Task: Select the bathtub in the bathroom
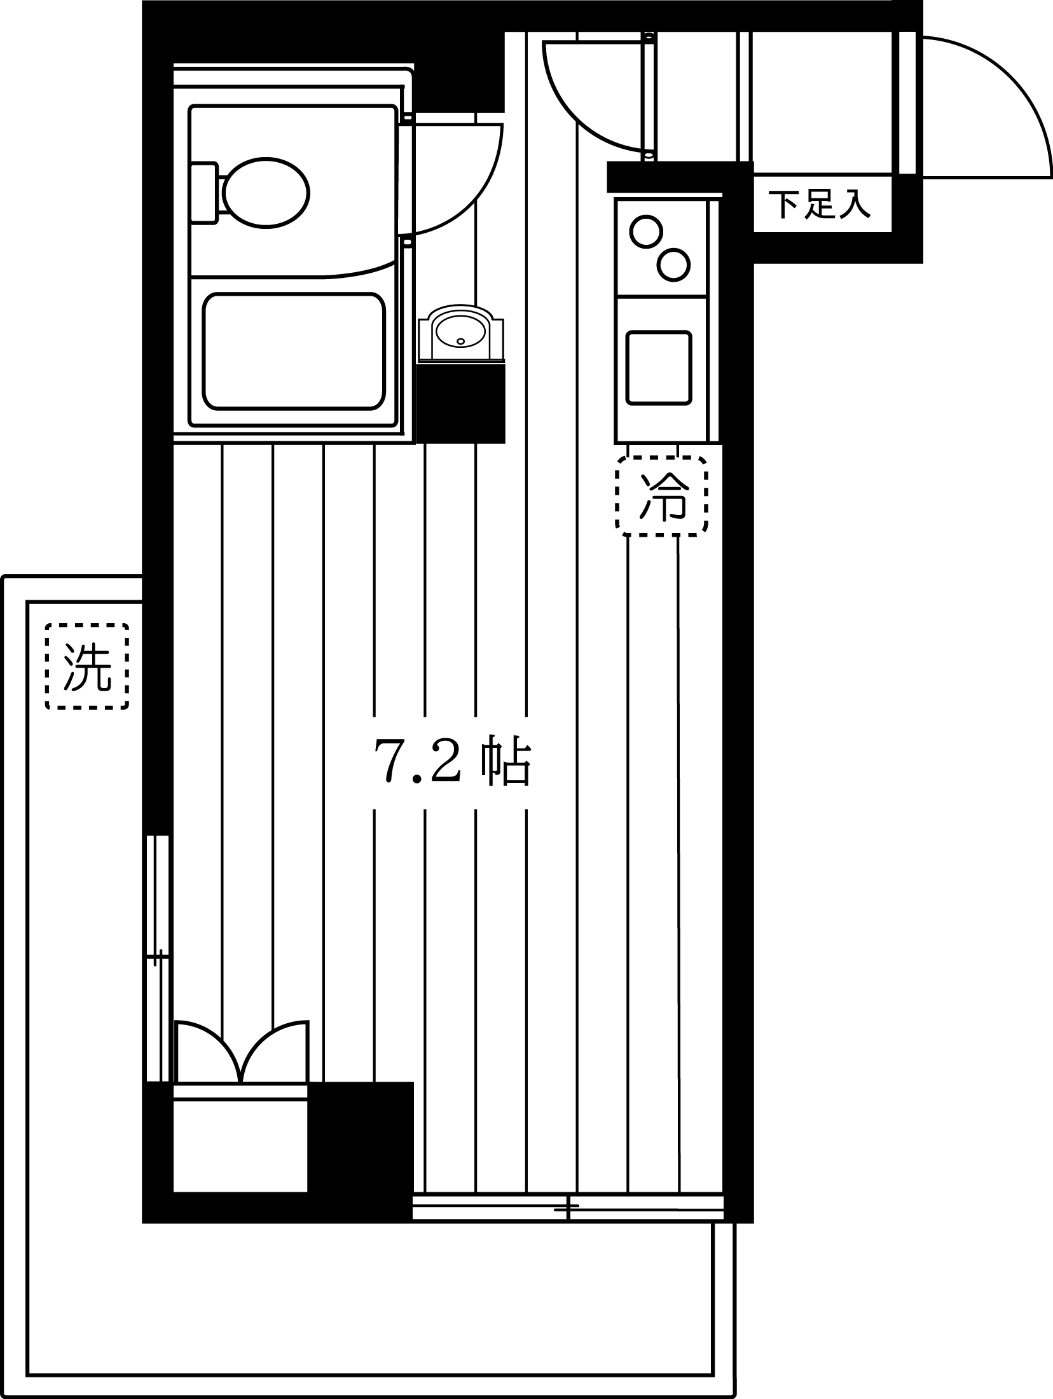[x=294, y=351]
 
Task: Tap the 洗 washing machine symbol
[x=87, y=666]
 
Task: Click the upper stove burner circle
[x=646, y=231]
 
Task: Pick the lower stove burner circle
[x=673, y=265]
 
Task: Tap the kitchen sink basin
[x=658, y=368]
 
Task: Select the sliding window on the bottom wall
[x=568, y=1208]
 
